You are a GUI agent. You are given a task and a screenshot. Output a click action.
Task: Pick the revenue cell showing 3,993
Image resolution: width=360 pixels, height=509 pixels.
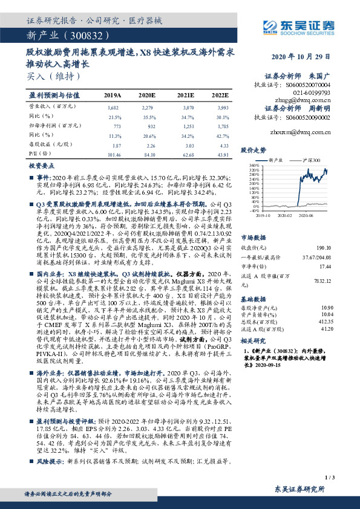tap(220, 107)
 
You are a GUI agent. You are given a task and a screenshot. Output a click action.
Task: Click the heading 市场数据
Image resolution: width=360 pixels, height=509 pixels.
tap(252, 221)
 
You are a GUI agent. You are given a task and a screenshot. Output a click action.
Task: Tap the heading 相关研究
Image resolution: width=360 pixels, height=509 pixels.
tap(252, 340)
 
